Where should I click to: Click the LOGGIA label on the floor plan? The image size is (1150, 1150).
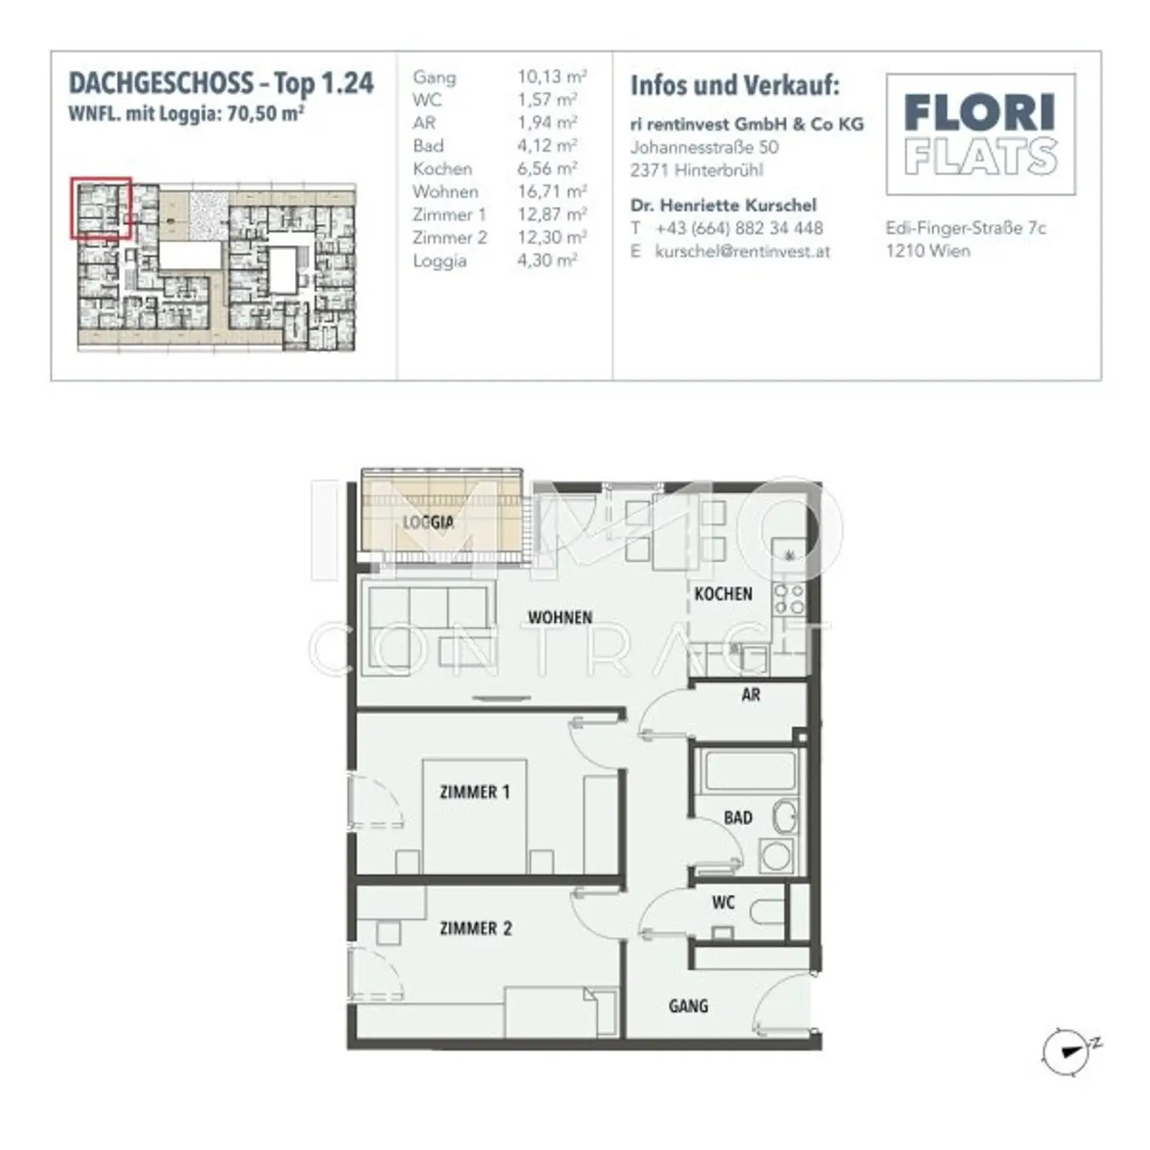tap(428, 522)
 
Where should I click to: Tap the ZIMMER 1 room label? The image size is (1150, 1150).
tap(475, 791)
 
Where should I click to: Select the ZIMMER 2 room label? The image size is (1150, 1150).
tap(475, 928)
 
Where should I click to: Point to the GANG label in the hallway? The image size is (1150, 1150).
tap(688, 1006)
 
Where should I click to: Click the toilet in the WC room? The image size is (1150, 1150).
tap(766, 911)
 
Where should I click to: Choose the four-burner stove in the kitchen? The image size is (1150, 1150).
tap(789, 599)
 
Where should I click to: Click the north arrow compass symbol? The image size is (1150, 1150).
tap(1066, 1051)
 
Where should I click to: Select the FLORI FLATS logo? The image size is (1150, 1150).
tap(980, 134)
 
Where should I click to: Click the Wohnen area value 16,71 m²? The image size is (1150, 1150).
tap(551, 192)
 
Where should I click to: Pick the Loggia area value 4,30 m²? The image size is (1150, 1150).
tap(547, 261)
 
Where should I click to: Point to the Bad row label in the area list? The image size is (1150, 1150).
tap(428, 146)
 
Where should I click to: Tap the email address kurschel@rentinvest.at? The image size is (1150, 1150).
tap(742, 252)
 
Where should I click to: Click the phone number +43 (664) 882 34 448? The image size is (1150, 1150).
tap(738, 228)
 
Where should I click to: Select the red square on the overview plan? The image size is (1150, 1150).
tap(101, 208)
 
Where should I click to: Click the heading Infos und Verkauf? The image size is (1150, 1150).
tap(734, 85)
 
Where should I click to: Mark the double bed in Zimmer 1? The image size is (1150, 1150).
tap(475, 816)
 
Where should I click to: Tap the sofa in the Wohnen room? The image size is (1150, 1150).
tap(427, 629)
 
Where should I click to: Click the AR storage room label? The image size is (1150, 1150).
tap(751, 694)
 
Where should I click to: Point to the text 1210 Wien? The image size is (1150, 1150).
tap(928, 251)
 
